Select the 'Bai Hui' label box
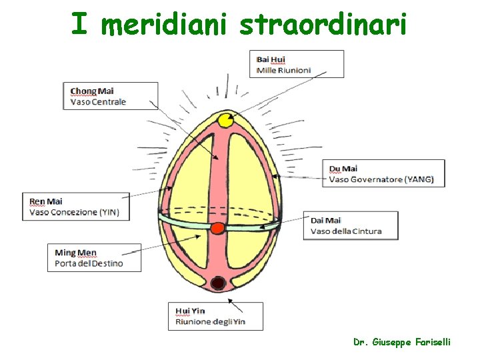297,64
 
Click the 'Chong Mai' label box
113,96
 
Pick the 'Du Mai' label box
383,173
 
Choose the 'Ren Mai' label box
77,207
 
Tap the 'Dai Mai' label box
351,225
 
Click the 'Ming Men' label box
94,258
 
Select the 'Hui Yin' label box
215,316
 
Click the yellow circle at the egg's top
225,120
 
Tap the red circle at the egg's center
218,229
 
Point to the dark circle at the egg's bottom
217,283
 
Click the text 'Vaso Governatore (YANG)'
381,179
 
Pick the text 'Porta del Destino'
89,264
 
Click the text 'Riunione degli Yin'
211,322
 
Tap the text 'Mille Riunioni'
284,70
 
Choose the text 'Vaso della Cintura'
346,231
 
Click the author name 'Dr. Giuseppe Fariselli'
402,342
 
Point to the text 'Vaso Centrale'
99,103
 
